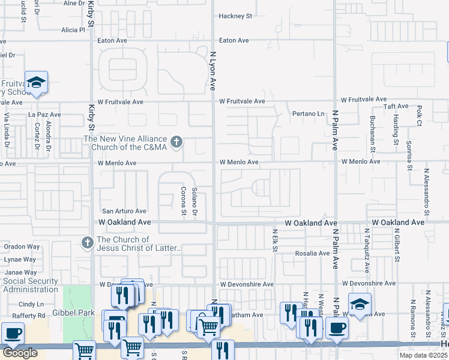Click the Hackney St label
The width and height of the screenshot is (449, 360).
click(235, 16)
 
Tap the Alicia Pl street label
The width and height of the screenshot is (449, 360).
click(73, 29)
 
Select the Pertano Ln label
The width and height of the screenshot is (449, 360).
click(308, 113)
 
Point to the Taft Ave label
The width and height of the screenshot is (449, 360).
click(396, 106)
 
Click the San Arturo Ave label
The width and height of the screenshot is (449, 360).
click(124, 211)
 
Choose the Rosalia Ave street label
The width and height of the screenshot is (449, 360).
click(312, 253)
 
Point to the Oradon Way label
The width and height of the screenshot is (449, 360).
click(22, 246)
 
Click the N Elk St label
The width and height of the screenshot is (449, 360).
click(274, 239)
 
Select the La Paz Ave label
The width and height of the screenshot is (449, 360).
click(41, 113)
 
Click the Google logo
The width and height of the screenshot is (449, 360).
click(20, 353)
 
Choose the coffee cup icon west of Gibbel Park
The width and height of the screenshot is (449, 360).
click(12, 333)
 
